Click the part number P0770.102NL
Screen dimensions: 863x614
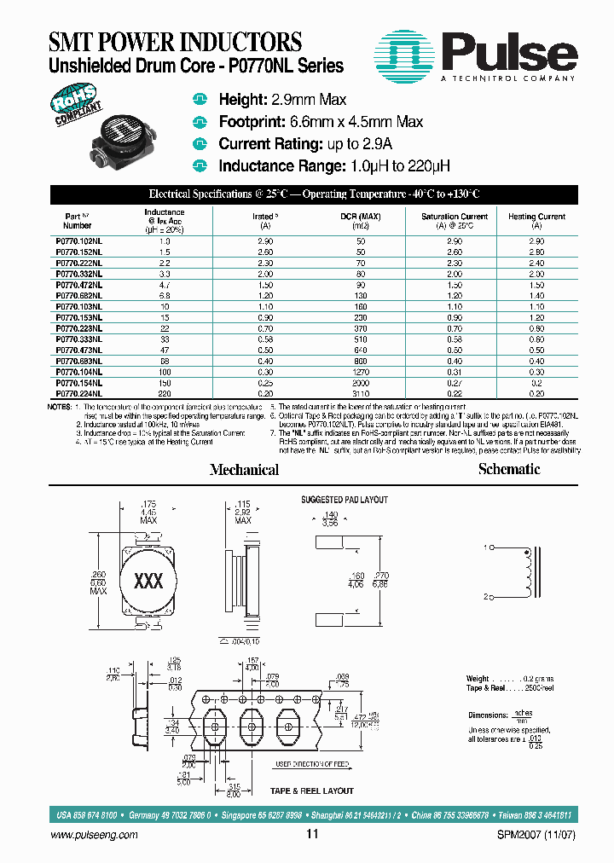pos(78,243)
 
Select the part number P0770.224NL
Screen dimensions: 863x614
pos(78,395)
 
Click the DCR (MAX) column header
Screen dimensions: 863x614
pos(360,217)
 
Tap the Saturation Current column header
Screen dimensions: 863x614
pos(455,217)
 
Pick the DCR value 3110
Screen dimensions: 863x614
pos(360,395)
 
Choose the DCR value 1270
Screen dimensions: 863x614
pos(360,373)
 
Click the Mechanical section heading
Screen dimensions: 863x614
pos(244,470)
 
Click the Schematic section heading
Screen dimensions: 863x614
pos(509,469)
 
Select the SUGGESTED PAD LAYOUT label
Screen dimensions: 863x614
pos(345,500)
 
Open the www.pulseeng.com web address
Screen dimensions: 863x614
pos(95,835)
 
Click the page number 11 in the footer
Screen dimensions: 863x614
pos(311,835)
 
